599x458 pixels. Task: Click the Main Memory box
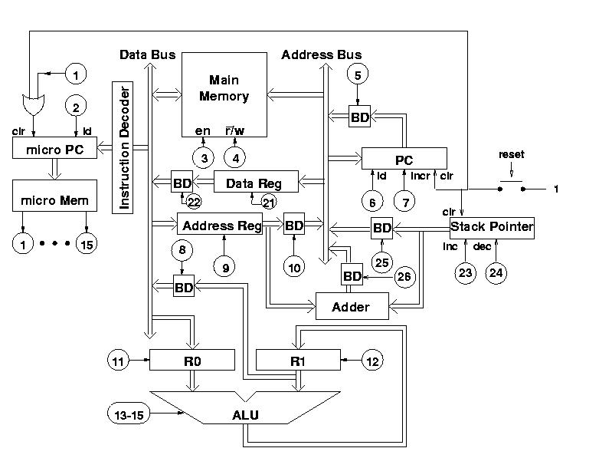pyautogui.click(x=224, y=94)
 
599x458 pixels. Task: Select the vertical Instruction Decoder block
pyautogui.click(x=123, y=147)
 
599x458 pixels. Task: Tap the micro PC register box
pyautogui.click(x=54, y=148)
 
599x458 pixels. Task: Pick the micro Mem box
pyautogui.click(x=54, y=196)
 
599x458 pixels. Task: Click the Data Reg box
pyautogui.click(x=256, y=181)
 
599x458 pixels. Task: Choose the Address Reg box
pyautogui.click(x=220, y=224)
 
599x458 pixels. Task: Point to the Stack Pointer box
pyautogui.click(x=492, y=229)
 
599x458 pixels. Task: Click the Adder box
pyautogui.click(x=352, y=306)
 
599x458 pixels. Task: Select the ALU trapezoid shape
pyautogui.click(x=245, y=407)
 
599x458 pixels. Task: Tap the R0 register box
pyautogui.click(x=192, y=360)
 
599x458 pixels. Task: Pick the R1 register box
pyautogui.click(x=298, y=360)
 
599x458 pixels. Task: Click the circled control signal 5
pyautogui.click(x=358, y=74)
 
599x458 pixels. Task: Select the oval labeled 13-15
pyautogui.click(x=129, y=414)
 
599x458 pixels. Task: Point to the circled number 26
pyautogui.click(x=404, y=276)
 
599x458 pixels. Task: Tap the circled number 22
pyautogui.click(x=194, y=202)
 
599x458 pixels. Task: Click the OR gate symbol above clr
pyautogui.click(x=34, y=104)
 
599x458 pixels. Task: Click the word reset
pyautogui.click(x=512, y=154)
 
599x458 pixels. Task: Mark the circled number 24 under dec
pyautogui.click(x=496, y=273)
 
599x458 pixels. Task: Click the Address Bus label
pyautogui.click(x=321, y=54)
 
